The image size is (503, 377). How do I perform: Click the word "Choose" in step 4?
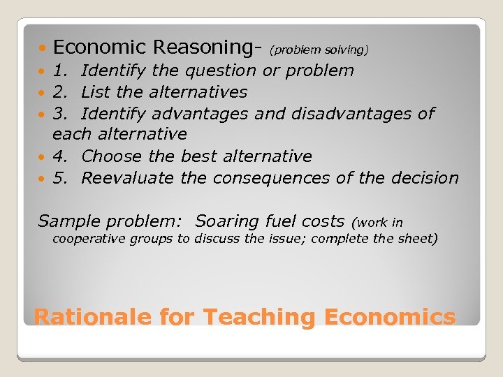pos(112,156)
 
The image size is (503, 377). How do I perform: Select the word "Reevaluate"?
pos(127,178)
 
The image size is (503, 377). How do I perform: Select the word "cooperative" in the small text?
pos(85,239)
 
